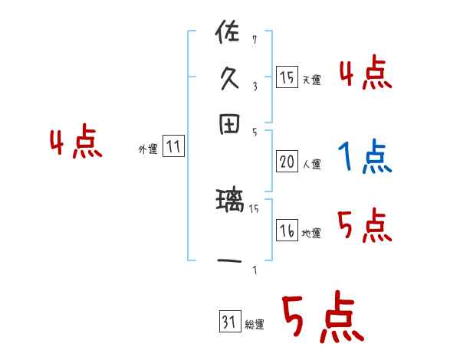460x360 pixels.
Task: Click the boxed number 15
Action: pyautogui.click(x=287, y=77)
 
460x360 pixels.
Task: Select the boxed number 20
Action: pyautogui.click(x=287, y=161)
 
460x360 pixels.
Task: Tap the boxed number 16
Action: pyautogui.click(x=287, y=231)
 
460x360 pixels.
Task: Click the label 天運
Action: pyautogui.click(x=311, y=80)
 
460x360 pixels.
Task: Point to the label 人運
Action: pyautogui.click(x=311, y=164)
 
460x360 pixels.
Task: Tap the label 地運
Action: pyautogui.click(x=311, y=234)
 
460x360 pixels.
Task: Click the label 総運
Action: pyautogui.click(x=255, y=325)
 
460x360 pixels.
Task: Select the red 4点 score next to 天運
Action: pyautogui.click(x=365, y=74)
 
